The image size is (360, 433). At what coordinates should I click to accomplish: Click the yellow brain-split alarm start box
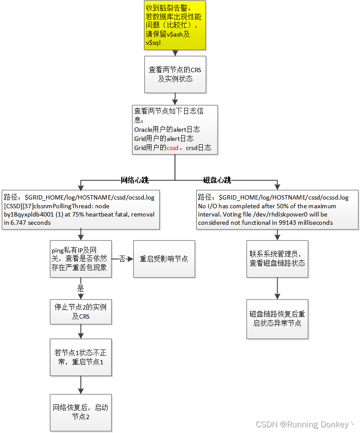[x=175, y=25]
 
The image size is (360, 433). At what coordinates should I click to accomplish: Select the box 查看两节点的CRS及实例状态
[x=175, y=74]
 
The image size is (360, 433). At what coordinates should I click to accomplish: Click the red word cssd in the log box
[x=172, y=148]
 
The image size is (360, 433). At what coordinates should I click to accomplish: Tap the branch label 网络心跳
[x=135, y=180]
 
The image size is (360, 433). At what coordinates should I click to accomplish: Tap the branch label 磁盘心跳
[x=217, y=180]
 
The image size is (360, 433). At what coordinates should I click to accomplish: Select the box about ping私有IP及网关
[x=80, y=259]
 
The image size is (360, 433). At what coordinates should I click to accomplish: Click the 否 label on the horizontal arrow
[x=122, y=259]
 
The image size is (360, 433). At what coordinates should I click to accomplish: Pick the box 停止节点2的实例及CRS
[x=80, y=311]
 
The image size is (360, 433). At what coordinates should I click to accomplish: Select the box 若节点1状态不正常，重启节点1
[x=80, y=357]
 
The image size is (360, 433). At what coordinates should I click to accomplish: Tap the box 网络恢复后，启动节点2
[x=80, y=412]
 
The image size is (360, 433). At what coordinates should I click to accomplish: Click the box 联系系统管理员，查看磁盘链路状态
[x=277, y=259]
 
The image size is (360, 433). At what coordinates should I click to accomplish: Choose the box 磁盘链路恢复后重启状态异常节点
[x=277, y=319]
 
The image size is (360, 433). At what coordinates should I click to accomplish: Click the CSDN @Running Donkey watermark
[x=304, y=424]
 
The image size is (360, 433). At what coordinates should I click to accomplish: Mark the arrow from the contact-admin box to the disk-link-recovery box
[x=277, y=288]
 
